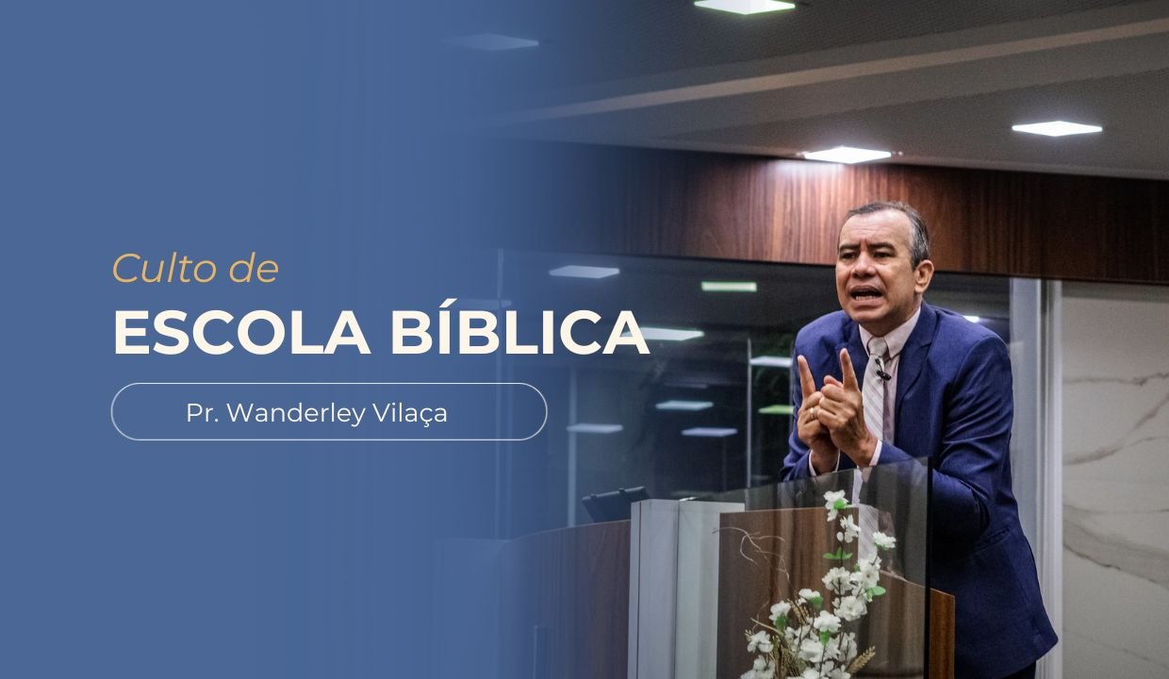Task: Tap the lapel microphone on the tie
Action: [881, 371]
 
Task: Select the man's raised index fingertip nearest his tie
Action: [847, 356]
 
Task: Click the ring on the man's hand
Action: [814, 413]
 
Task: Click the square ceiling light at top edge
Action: [744, 6]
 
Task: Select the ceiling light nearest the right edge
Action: [1056, 127]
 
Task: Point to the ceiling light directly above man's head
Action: [847, 154]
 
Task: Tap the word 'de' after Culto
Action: [254, 270]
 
